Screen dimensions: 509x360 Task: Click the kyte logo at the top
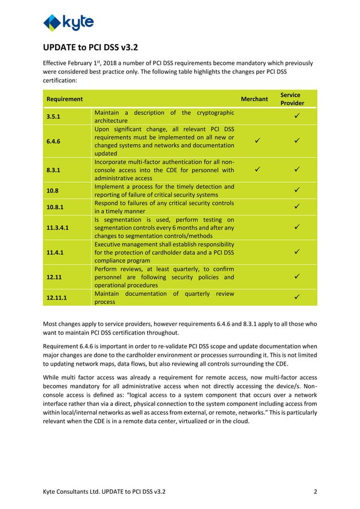[x=68, y=23]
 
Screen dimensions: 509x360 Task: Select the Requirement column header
[x=64, y=99]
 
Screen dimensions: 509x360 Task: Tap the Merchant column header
[x=254, y=99]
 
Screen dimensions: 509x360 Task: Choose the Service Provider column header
[x=292, y=99]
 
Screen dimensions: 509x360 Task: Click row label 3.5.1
[x=55, y=116]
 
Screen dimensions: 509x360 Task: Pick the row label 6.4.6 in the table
[x=55, y=141]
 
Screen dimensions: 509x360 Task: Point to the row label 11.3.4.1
[x=59, y=227]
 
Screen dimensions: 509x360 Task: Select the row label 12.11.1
[x=57, y=297]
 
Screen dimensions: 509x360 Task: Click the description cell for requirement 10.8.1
[x=164, y=207]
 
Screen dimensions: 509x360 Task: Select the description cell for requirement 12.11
[x=164, y=277]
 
